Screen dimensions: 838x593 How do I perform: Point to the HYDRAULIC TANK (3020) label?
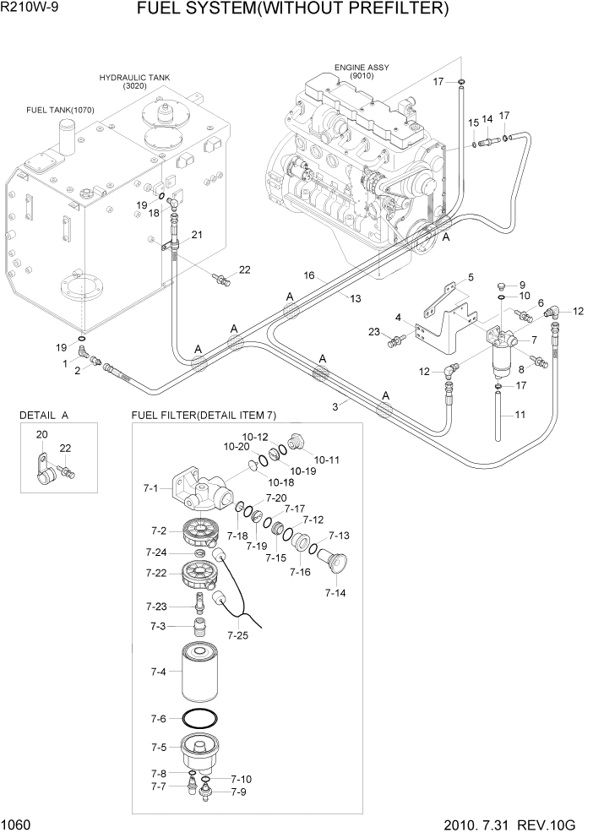(x=134, y=81)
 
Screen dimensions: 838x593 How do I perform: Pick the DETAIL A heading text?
(x=44, y=416)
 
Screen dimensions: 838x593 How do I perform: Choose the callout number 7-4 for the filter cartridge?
(x=156, y=672)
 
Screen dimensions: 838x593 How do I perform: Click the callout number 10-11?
(x=326, y=460)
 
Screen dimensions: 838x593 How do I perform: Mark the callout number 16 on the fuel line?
(x=309, y=275)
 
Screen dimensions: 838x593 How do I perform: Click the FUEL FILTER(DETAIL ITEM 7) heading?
(x=204, y=416)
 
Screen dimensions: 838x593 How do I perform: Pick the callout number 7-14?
(x=335, y=594)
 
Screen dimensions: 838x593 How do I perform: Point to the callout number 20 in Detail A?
(x=41, y=433)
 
